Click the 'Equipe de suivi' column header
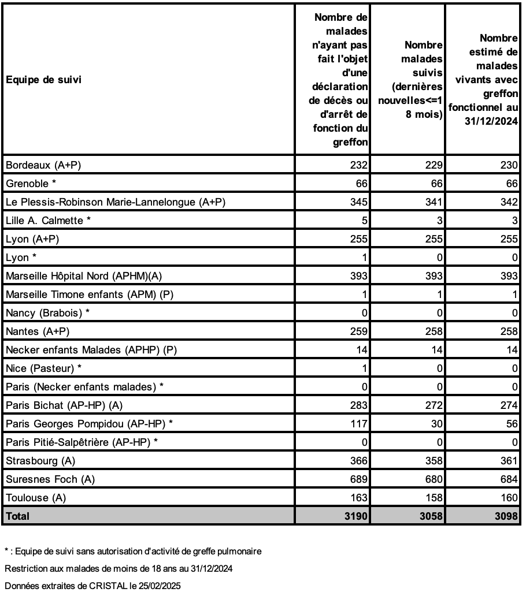pos(43,80)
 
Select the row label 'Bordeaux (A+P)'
pos(43,165)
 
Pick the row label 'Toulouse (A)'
pos(40,498)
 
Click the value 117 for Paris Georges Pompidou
pos(358,424)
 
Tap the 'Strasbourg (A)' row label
pos(40,461)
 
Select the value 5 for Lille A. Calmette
pos(364,221)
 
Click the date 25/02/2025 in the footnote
pos(160,586)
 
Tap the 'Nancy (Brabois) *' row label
pos(48,313)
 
